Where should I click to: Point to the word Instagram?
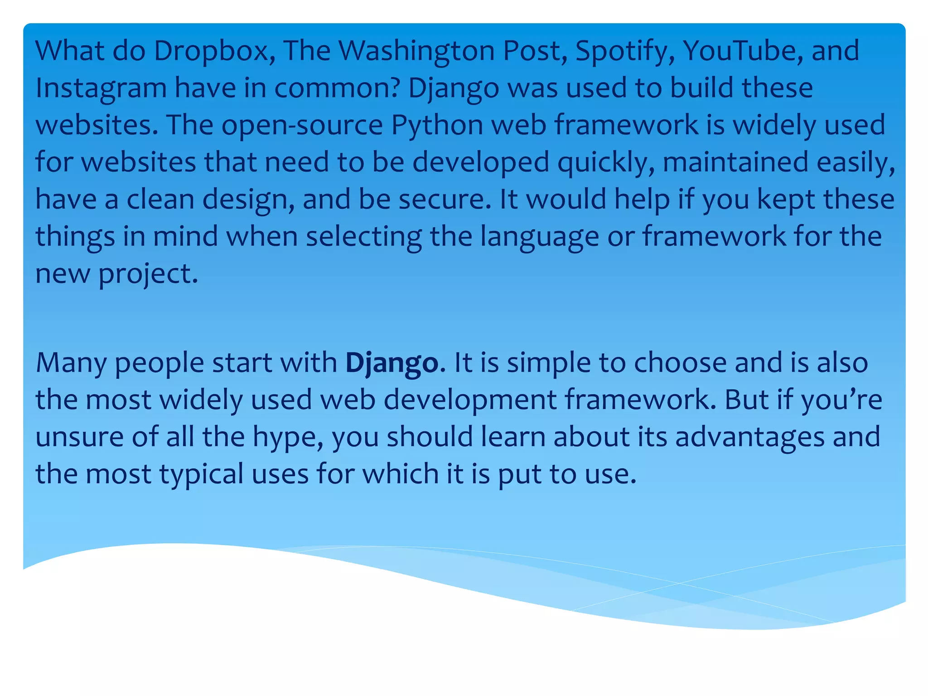pyautogui.click(x=101, y=88)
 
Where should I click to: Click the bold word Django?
pyautogui.click(x=392, y=363)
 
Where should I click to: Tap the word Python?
pyautogui.click(x=437, y=126)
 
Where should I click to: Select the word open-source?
pyautogui.click(x=302, y=126)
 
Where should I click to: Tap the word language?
pyautogui.click(x=539, y=237)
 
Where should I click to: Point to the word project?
pyautogui.click(x=148, y=274)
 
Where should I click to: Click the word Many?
pyautogui.click(x=71, y=363)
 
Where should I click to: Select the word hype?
pyautogui.click(x=288, y=438)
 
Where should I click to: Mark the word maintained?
pyautogui.click(x=735, y=163)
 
